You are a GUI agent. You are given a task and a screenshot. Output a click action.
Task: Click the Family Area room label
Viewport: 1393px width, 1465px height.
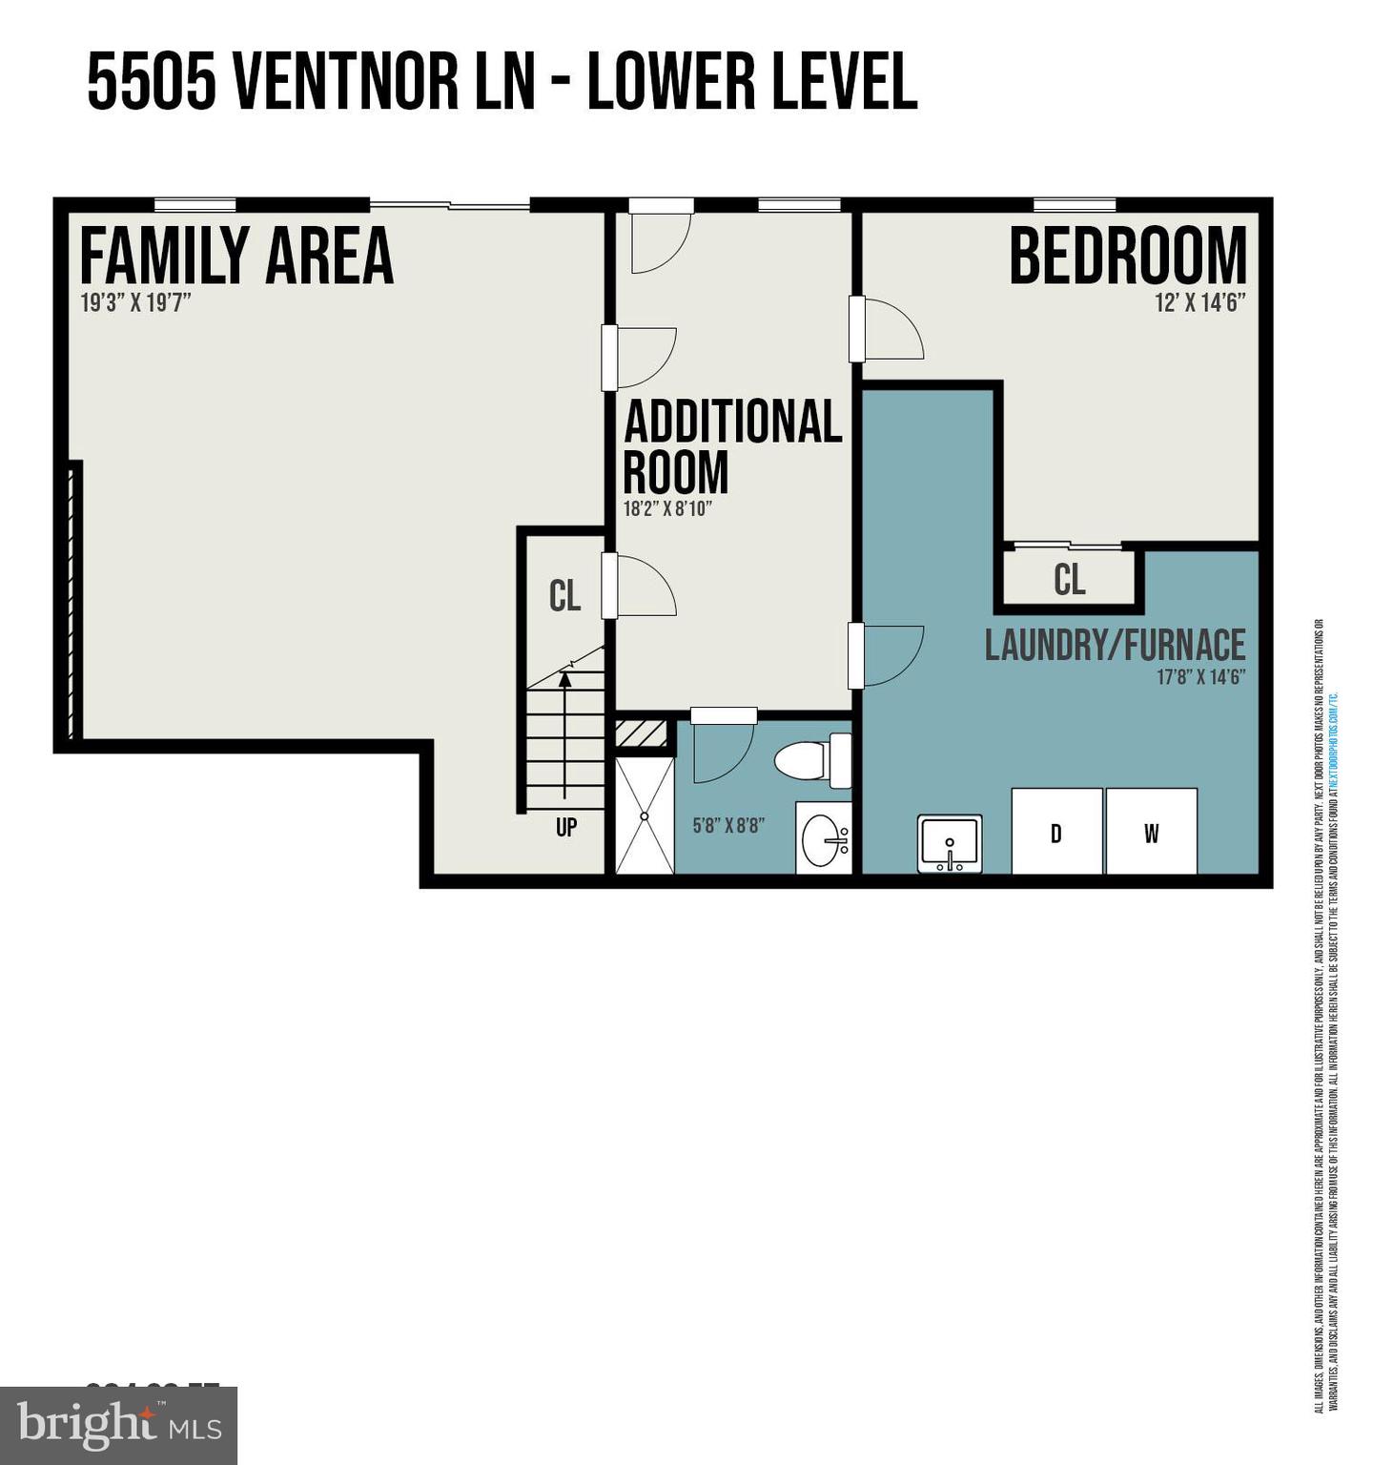(x=236, y=256)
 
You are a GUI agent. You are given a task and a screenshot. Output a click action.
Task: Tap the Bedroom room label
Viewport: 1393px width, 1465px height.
(x=1127, y=256)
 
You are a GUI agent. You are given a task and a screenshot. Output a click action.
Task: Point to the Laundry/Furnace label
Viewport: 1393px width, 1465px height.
(x=1115, y=646)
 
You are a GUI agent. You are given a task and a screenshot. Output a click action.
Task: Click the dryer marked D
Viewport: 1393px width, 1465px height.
(x=1056, y=832)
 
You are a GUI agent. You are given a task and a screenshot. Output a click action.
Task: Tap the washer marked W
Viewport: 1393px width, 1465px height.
(x=1151, y=832)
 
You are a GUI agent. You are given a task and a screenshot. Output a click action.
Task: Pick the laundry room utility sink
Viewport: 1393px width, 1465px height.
(x=950, y=843)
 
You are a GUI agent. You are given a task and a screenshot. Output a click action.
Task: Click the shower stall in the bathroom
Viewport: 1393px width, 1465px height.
(x=645, y=815)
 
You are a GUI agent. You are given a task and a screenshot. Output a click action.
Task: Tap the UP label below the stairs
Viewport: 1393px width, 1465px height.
(x=566, y=827)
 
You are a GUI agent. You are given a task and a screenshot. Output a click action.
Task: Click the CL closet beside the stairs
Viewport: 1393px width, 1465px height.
(x=564, y=596)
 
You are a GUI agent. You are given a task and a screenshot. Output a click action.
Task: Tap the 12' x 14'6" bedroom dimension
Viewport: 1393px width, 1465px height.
(x=1200, y=303)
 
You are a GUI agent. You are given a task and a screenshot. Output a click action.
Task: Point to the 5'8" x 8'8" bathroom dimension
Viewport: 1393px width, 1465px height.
(x=728, y=826)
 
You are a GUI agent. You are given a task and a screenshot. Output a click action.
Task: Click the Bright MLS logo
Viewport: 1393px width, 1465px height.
(x=118, y=1426)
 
